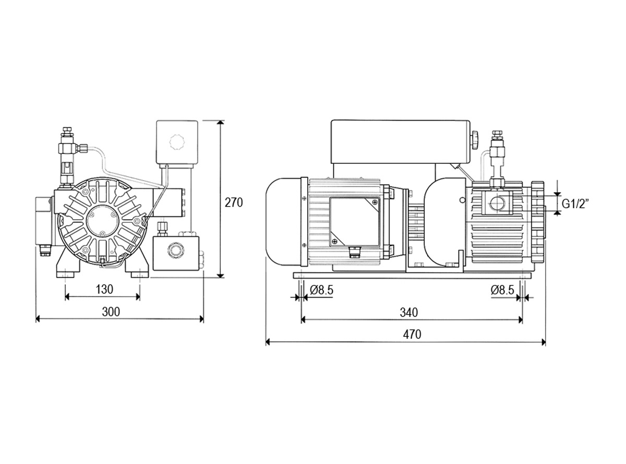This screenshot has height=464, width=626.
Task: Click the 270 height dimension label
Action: pyautogui.click(x=233, y=203)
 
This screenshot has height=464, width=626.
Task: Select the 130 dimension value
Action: pyautogui.click(x=104, y=289)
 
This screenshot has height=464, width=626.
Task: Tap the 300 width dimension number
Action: pyautogui.click(x=111, y=312)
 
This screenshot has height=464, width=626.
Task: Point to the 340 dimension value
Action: pyautogui.click(x=409, y=312)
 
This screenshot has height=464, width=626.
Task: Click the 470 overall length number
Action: pyautogui.click(x=412, y=335)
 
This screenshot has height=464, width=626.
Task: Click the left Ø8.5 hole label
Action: pyautogui.click(x=321, y=290)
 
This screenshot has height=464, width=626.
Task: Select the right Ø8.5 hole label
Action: pyautogui.click(x=502, y=290)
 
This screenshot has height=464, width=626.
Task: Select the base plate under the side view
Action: pyautogui.click(x=412, y=276)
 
